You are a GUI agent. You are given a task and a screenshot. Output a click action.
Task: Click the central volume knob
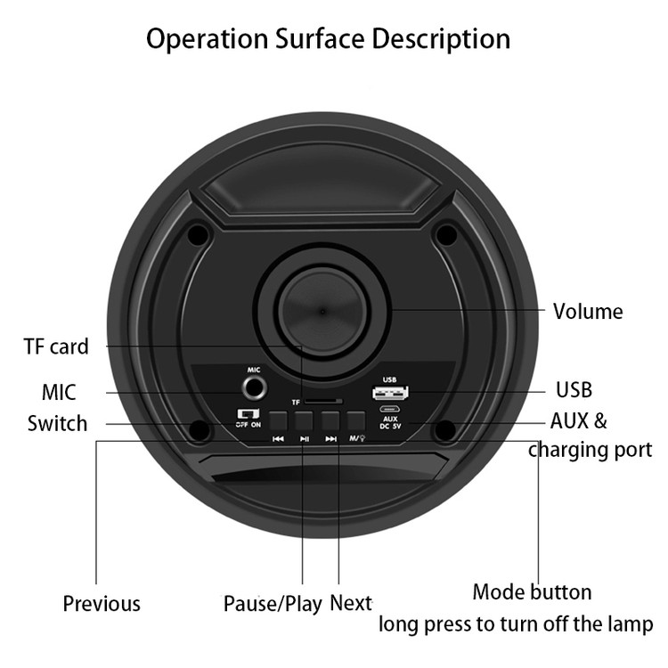tap(322, 312)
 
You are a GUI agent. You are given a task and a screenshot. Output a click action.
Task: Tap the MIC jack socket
tap(255, 388)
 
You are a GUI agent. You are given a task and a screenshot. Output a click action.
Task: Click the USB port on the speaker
tap(390, 392)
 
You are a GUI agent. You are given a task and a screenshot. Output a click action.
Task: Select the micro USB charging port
tap(390, 410)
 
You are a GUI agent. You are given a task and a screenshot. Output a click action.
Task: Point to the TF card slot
tap(323, 402)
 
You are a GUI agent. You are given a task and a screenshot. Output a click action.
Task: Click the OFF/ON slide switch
tap(248, 413)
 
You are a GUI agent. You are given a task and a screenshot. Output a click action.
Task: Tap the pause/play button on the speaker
tap(305, 420)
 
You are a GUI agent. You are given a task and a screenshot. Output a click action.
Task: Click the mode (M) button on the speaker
tap(356, 420)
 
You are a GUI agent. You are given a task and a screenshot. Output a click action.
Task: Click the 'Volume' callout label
tap(588, 312)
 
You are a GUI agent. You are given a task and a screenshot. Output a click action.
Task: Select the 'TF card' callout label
tap(56, 346)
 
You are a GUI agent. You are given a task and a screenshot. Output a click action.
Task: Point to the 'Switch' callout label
tap(58, 423)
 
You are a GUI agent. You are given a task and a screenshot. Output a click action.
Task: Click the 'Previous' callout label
tap(102, 604)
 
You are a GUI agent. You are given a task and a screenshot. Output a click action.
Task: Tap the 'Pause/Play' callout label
tap(273, 604)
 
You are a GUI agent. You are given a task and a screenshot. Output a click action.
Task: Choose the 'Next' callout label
tap(351, 603)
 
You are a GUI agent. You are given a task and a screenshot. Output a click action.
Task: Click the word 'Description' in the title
tap(441, 39)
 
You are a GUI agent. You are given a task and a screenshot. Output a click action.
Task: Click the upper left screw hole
tap(199, 234)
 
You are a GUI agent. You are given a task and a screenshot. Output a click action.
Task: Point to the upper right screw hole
tap(446, 234)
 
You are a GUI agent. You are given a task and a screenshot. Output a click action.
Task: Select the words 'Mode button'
tap(532, 592)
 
